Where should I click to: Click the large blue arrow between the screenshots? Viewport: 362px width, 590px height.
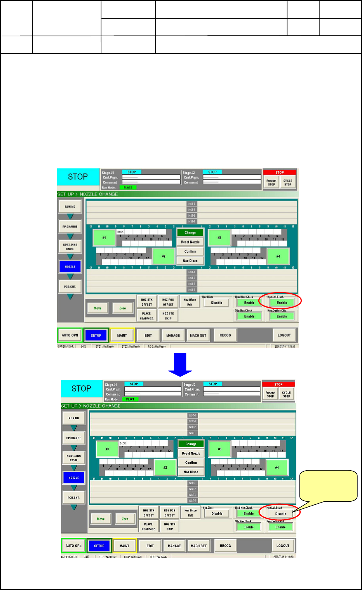[x=180, y=364]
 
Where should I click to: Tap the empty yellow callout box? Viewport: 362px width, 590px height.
[x=328, y=486]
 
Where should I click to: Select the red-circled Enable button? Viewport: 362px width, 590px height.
[x=282, y=303]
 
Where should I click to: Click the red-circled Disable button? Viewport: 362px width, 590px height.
[x=280, y=514]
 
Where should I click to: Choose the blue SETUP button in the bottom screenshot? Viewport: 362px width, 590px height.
[x=99, y=546]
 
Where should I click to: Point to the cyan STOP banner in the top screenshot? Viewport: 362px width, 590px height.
[x=78, y=177]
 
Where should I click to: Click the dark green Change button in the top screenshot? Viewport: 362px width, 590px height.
[x=190, y=233]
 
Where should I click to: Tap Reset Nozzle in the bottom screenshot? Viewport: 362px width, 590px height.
[x=191, y=453]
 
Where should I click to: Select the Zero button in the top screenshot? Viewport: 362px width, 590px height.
[x=122, y=308]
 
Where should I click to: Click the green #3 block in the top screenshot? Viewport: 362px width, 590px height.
[x=219, y=238]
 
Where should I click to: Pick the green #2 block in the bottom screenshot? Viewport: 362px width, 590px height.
[x=165, y=467]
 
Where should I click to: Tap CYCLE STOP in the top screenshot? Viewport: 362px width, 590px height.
[x=287, y=182]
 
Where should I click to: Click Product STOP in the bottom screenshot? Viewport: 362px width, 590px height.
[x=270, y=394]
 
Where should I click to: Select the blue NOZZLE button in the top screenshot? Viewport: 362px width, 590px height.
[x=70, y=267]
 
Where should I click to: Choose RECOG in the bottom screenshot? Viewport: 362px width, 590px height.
[x=225, y=546]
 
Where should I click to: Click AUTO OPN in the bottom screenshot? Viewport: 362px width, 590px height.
[x=73, y=546]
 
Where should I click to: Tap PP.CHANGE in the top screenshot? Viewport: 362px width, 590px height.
[x=70, y=226]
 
